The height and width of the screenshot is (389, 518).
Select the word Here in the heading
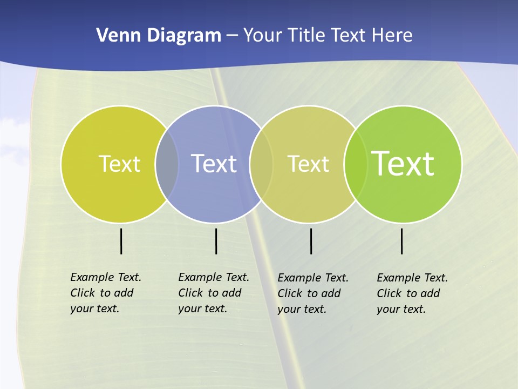[392, 36]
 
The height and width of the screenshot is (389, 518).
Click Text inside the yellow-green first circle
[119, 164]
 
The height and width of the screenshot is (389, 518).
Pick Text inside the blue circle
[214, 164]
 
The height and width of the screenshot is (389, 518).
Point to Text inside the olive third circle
[308, 164]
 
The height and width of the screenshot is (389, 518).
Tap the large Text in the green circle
[403, 164]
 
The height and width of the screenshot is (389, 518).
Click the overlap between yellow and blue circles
[167, 164]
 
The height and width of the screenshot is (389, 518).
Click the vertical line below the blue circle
[216, 241]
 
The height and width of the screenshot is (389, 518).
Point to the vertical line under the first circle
[121, 241]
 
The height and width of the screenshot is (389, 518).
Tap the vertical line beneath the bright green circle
[401, 241]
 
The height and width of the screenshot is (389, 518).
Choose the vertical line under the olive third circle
[311, 241]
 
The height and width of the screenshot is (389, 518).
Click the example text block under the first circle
[105, 293]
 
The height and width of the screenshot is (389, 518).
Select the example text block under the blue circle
[213, 293]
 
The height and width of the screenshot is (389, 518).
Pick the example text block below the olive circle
[312, 293]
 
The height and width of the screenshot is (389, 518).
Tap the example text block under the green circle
[412, 293]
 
